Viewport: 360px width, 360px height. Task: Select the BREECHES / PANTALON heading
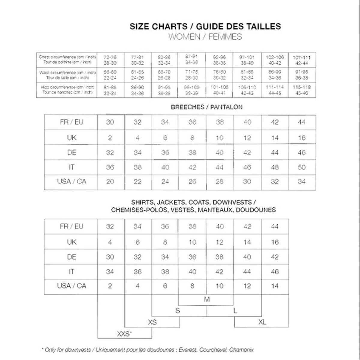pyautogui.click(x=207, y=107)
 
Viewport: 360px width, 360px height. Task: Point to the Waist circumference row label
pyautogui.click(x=67, y=75)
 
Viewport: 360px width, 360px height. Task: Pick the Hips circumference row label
pyautogui.click(x=67, y=90)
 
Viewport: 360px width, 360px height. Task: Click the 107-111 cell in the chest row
pyautogui.click(x=302, y=60)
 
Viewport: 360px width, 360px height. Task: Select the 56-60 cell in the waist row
pyautogui.click(x=110, y=75)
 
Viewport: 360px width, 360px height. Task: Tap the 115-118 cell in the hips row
pyautogui.click(x=302, y=90)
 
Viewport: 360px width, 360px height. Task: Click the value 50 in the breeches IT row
pyautogui.click(x=302, y=167)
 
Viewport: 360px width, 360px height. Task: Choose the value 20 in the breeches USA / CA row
pyautogui.click(x=110, y=181)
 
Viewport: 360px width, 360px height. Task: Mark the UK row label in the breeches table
pyautogui.click(x=72, y=138)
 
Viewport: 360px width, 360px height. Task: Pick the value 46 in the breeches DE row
pyautogui.click(x=302, y=153)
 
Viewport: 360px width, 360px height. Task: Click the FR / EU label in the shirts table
pyautogui.click(x=72, y=226)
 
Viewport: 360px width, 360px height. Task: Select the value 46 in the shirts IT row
pyautogui.click(x=275, y=272)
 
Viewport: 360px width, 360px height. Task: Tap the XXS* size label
pyautogui.click(x=125, y=334)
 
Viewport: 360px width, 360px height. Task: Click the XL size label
pyautogui.click(x=262, y=322)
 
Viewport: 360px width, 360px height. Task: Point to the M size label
pyautogui.click(x=207, y=299)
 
